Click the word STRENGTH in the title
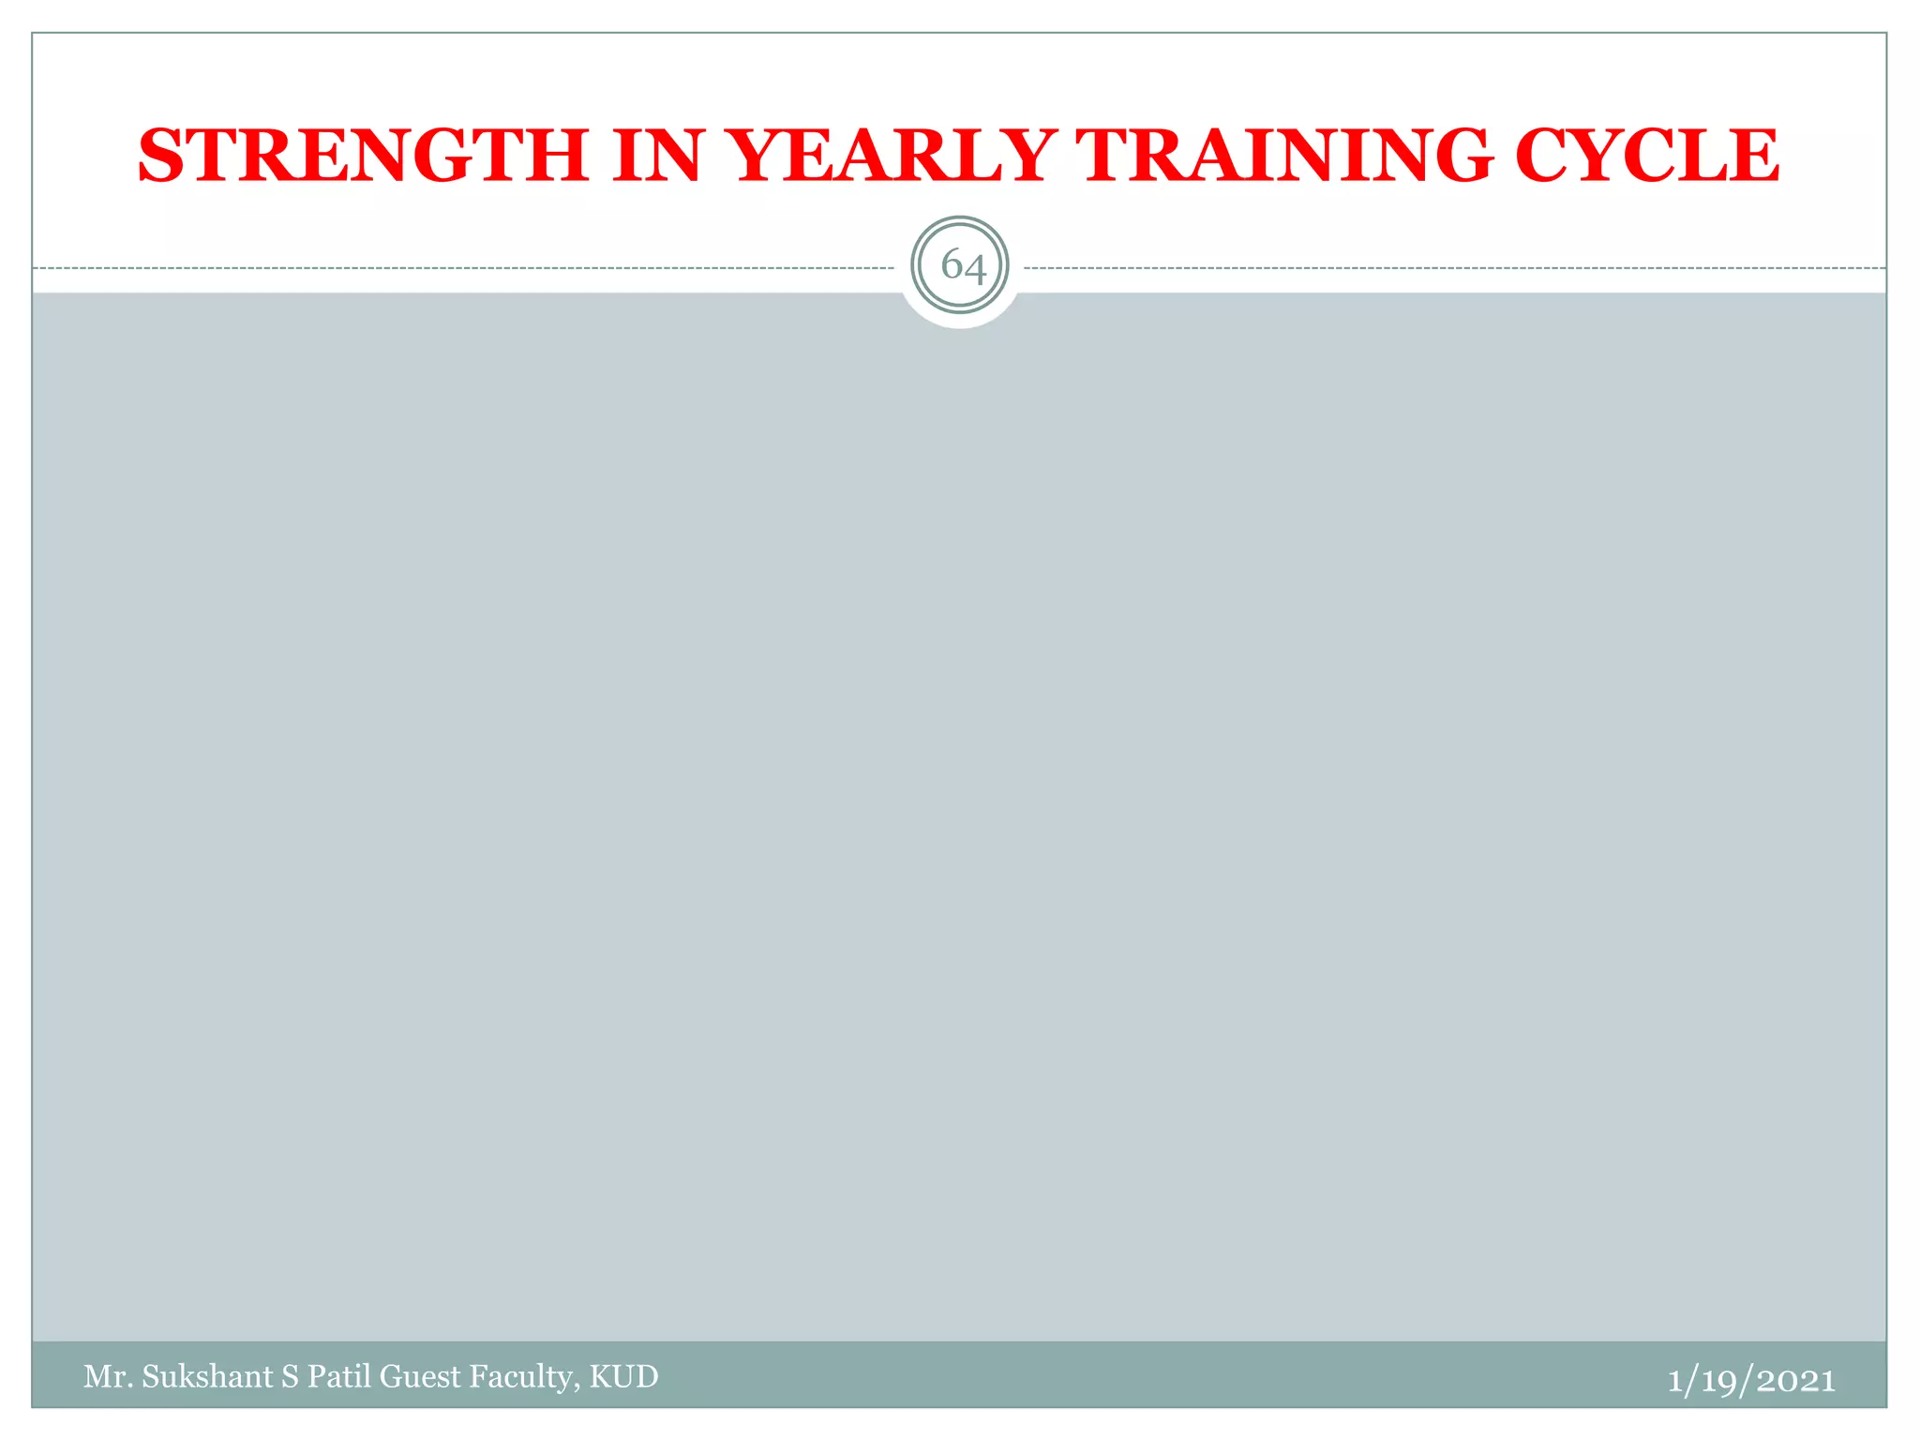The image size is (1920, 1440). point(363,155)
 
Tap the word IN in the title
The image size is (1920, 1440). point(657,155)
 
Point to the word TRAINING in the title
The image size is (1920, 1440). point(1283,155)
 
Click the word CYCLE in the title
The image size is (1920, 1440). point(1646,155)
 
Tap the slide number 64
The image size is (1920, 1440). point(960,266)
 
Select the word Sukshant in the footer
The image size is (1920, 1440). point(207,1376)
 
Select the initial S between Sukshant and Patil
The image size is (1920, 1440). point(290,1376)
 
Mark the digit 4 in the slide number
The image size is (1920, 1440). point(974,269)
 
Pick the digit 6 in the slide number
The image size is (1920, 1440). point(951,265)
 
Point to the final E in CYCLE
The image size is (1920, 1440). point(1753,155)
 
